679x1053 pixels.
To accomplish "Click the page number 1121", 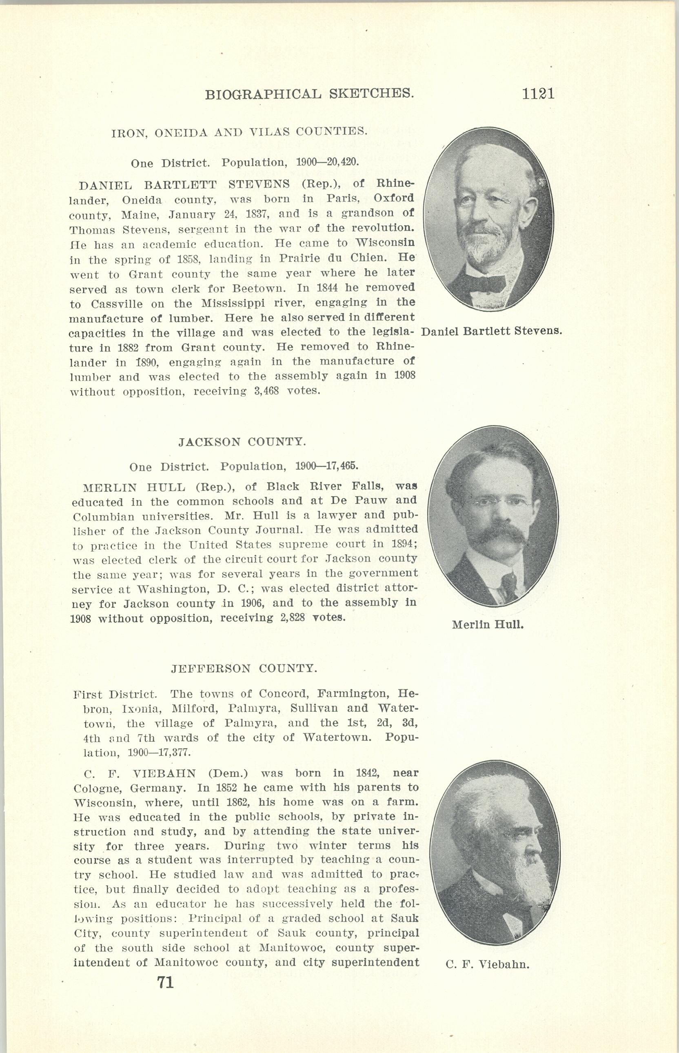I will point(538,93).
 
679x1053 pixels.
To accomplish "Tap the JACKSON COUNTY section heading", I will point(242,442).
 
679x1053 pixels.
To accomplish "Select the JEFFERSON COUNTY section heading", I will point(244,669).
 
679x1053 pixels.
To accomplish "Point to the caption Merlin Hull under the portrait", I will point(488,624).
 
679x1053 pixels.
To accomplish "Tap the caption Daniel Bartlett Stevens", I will point(491,331).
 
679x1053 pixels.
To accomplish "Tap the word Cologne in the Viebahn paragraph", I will point(96,788).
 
